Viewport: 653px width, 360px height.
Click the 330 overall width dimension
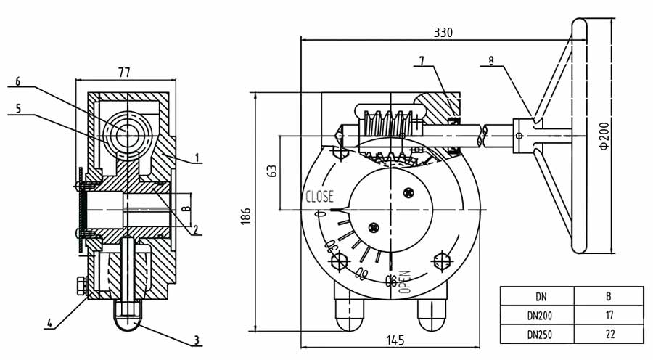pos(443,33)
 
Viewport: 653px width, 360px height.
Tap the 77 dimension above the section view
pos(123,73)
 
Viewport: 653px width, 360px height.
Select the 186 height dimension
pos(246,216)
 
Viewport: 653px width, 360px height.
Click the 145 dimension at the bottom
pos(395,340)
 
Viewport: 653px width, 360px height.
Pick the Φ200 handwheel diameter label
pos(604,136)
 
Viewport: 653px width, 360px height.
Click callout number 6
pos(18,81)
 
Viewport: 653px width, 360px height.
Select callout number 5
pos(18,109)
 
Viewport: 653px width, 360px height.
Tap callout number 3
pos(197,340)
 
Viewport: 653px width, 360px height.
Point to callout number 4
pos(49,323)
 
